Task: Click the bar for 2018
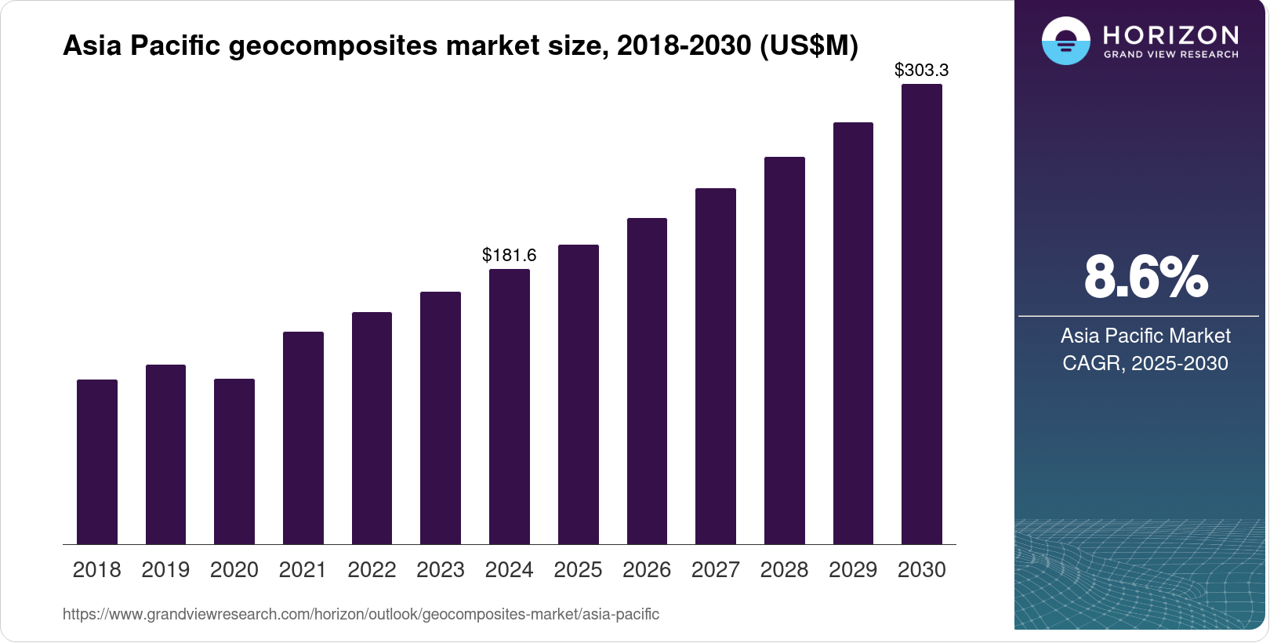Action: tap(97, 462)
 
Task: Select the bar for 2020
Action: tap(234, 462)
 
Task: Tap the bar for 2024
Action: tap(510, 407)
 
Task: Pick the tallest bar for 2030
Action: tap(922, 314)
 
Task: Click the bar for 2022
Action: tap(372, 428)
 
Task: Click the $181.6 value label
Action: tap(510, 255)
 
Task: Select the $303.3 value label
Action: tap(922, 70)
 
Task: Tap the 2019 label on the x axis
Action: tap(165, 570)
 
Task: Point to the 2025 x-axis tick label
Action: tap(578, 570)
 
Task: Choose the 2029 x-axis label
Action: tap(853, 570)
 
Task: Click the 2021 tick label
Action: tap(303, 570)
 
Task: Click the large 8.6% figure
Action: tap(1145, 277)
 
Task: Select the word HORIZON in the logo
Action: tap(1171, 35)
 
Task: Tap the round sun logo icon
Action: tap(1066, 41)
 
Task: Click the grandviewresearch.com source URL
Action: tap(361, 614)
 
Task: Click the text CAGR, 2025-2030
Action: tap(1145, 363)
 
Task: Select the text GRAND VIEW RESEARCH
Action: tap(1171, 55)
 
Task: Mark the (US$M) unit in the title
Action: tap(809, 45)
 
